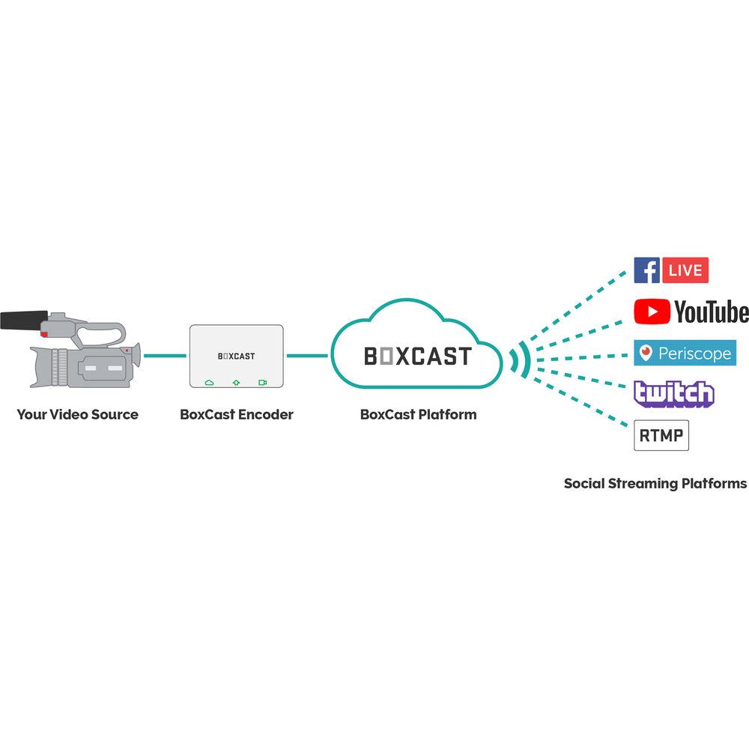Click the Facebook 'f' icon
point(646,270)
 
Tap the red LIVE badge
point(685,270)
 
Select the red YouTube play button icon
point(652,312)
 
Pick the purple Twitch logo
point(673,393)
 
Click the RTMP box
point(661,436)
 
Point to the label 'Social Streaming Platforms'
point(655,483)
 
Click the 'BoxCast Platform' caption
point(418,414)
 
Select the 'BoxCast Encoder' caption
point(237,414)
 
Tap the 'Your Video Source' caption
point(77,414)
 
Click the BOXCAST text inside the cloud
point(418,356)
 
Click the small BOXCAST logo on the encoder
point(237,356)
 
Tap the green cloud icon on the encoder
point(210,382)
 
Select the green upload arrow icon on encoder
point(237,382)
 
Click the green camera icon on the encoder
point(263,382)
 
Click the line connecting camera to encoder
point(165,356)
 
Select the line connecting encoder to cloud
point(307,356)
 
